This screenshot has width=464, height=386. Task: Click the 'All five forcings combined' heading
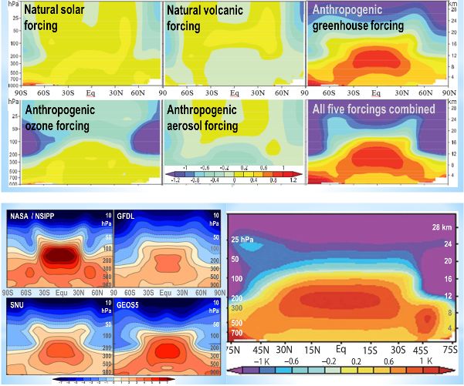pos(374,109)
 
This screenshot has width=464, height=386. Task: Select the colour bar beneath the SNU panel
pos(108,380)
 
